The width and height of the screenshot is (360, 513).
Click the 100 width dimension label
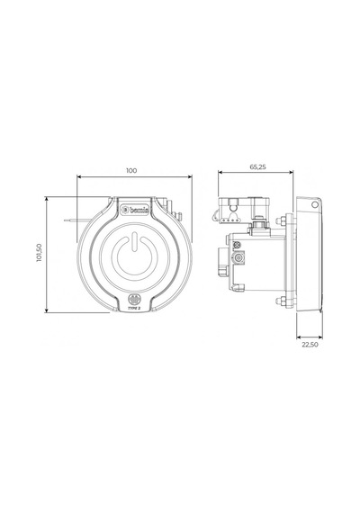pyautogui.click(x=131, y=170)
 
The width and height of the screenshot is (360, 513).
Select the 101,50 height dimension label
pyautogui.click(x=40, y=253)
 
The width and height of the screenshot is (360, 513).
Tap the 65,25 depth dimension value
pyautogui.click(x=258, y=166)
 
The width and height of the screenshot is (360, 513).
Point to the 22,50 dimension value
pyautogui.click(x=310, y=345)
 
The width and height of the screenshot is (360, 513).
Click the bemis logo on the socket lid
pyautogui.click(x=134, y=210)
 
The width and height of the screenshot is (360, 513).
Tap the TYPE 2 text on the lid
pyautogui.click(x=134, y=308)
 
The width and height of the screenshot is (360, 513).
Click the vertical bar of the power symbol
pyautogui.click(x=134, y=242)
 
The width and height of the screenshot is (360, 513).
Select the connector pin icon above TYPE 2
pyautogui.click(x=134, y=299)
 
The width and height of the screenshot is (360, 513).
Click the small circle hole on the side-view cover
pyautogui.click(x=314, y=205)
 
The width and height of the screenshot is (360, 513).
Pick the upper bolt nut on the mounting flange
pyautogui.click(x=280, y=220)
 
